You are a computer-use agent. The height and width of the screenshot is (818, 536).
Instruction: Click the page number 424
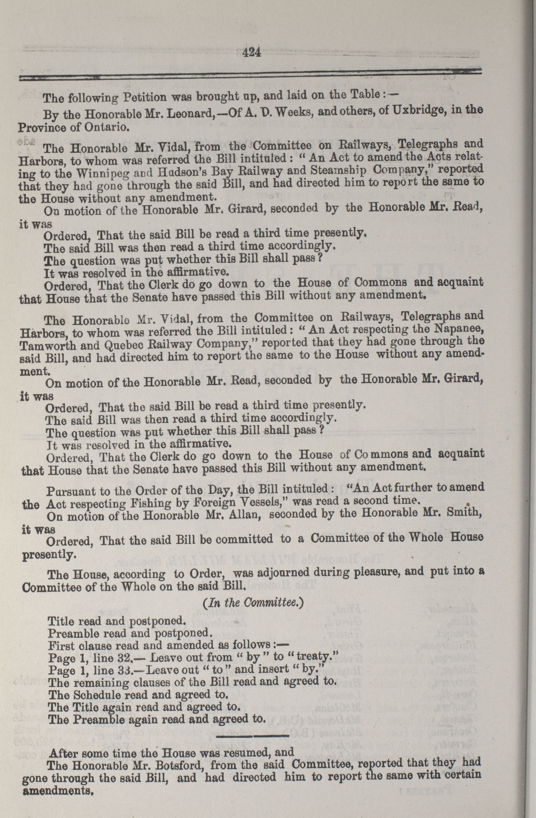pos(252,52)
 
